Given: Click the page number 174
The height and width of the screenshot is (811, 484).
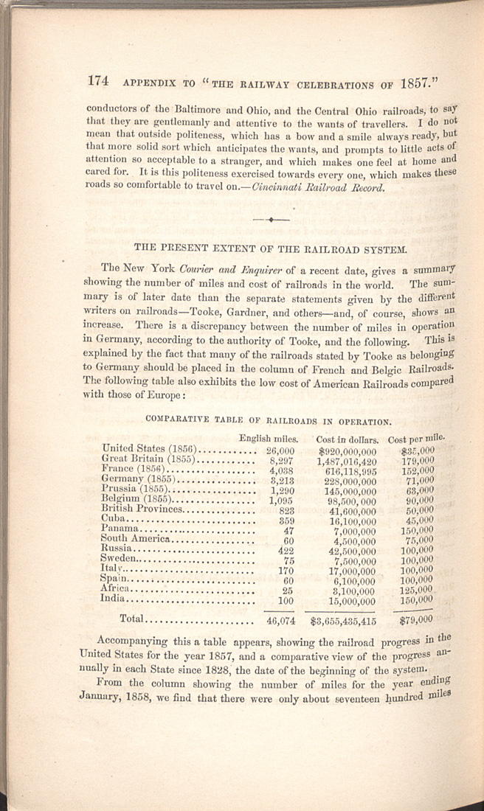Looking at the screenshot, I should click(x=100, y=81).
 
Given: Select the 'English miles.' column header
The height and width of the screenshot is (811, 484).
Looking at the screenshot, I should click(x=268, y=438).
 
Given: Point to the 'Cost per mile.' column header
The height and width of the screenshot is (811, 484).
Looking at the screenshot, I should click(x=416, y=437).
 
